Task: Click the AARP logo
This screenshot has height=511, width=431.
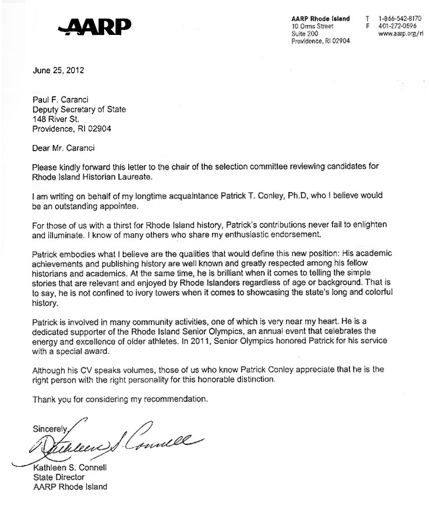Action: click(x=95, y=25)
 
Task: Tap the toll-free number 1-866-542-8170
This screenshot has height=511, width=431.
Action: click(x=400, y=19)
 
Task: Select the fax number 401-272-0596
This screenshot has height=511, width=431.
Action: click(x=398, y=26)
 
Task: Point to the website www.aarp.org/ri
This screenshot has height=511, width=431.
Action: click(x=400, y=34)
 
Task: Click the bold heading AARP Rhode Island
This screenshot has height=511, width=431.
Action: click(x=320, y=19)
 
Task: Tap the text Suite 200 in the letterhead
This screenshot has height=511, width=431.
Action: click(x=306, y=34)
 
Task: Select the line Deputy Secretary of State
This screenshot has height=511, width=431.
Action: click(x=79, y=109)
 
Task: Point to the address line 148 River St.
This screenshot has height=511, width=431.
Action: click(x=59, y=119)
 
